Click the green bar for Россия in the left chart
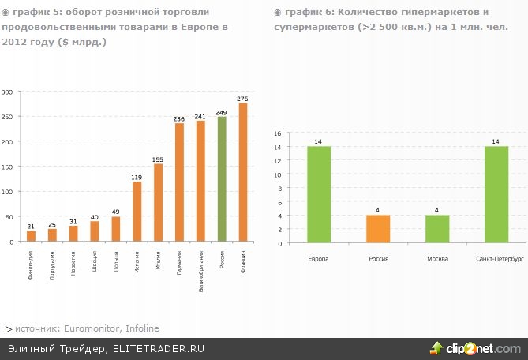pyautogui.click(x=222, y=179)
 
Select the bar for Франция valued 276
pyautogui.click(x=243, y=172)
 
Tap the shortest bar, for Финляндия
pyautogui.click(x=31, y=236)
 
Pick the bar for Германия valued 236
pyautogui.click(x=179, y=182)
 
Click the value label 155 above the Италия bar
pyautogui.click(x=158, y=159)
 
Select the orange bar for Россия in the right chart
pyautogui.click(x=378, y=229)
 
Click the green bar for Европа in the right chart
pyautogui.click(x=319, y=194)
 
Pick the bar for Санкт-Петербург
pyautogui.click(x=496, y=194)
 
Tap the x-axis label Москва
pyautogui.click(x=437, y=259)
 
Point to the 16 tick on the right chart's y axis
pyautogui.click(x=278, y=133)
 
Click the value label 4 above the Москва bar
pyautogui.click(x=437, y=210)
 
